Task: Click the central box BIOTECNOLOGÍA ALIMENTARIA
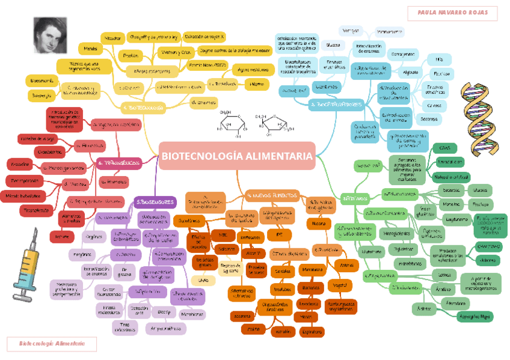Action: click(237, 156)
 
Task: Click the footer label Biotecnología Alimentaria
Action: click(51, 344)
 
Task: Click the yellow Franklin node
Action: click(130, 56)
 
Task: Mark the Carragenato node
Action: click(406, 54)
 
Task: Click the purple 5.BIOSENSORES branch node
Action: click(155, 202)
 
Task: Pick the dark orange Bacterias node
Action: click(310, 288)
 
